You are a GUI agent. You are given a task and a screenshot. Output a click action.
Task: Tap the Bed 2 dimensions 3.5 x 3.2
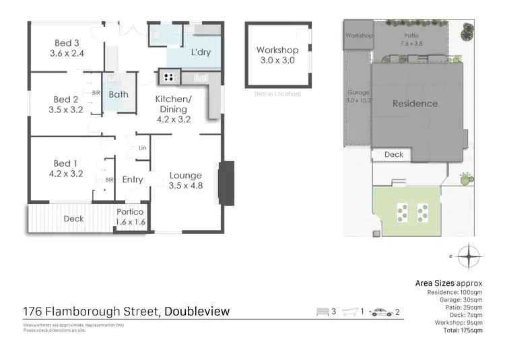pyautogui.click(x=65, y=109)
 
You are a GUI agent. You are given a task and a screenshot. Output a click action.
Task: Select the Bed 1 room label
pyautogui.click(x=65, y=162)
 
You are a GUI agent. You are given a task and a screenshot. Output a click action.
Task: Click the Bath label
pyautogui.click(x=119, y=95)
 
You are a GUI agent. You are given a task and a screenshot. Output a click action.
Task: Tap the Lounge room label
pyautogui.click(x=185, y=175)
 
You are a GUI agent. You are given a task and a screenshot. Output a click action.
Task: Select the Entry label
pyautogui.click(x=133, y=180)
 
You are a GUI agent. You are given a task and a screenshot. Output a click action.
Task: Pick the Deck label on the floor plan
pyautogui.click(x=73, y=219)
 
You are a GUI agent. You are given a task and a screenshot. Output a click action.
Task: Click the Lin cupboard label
pyautogui.click(x=141, y=147)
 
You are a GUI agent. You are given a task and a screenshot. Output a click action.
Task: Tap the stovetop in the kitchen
pyautogui.click(x=166, y=77)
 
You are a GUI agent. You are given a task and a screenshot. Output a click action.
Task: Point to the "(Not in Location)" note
pyautogui.click(x=277, y=94)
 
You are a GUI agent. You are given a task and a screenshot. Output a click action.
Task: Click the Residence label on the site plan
pyautogui.click(x=415, y=104)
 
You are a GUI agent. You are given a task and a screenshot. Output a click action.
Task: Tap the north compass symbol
pyautogui.click(x=468, y=256)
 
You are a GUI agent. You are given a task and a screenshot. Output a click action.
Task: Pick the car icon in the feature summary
pyautogui.click(x=380, y=312)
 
